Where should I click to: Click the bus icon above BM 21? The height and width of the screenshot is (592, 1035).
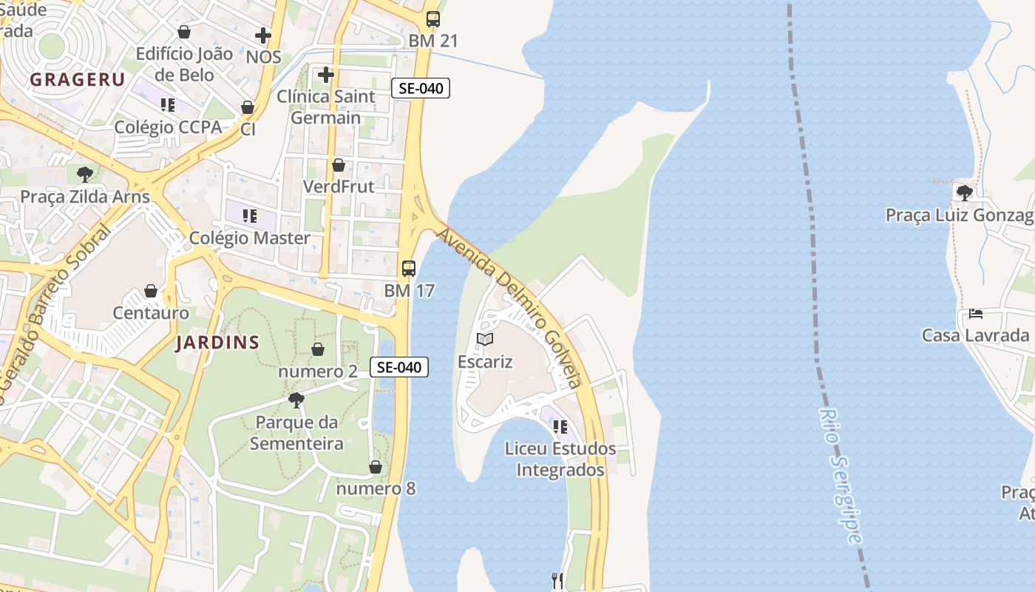click(x=433, y=19)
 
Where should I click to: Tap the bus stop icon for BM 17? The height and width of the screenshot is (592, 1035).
click(x=409, y=269)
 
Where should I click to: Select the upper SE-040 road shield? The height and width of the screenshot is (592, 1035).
click(x=420, y=89)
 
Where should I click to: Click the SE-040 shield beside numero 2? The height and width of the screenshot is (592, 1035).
click(x=399, y=366)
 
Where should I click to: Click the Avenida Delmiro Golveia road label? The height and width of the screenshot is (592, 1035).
click(x=510, y=307)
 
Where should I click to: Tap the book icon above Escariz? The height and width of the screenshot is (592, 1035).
click(x=485, y=340)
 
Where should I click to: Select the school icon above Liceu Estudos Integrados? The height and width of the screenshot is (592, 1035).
click(x=560, y=426)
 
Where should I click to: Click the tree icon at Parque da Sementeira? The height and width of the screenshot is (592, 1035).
click(x=296, y=400)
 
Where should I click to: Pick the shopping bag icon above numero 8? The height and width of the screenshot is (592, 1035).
click(x=376, y=467)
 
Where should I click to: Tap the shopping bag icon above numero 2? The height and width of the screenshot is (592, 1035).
click(x=318, y=349)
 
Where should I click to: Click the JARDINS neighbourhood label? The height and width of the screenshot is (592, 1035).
click(x=217, y=343)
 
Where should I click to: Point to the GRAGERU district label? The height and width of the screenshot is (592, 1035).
click(x=77, y=80)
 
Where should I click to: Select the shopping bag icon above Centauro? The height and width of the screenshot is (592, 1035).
click(x=151, y=291)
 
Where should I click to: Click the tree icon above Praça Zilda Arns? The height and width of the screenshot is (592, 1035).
click(x=85, y=175)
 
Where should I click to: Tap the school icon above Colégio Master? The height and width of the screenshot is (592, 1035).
click(x=250, y=216)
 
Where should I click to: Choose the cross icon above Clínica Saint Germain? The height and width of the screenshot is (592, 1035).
click(x=326, y=75)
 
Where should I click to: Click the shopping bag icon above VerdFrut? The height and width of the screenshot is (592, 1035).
click(x=339, y=164)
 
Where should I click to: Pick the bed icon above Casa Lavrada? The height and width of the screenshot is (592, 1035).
click(x=976, y=314)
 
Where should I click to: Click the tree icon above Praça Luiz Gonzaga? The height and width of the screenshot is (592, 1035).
click(x=964, y=192)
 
